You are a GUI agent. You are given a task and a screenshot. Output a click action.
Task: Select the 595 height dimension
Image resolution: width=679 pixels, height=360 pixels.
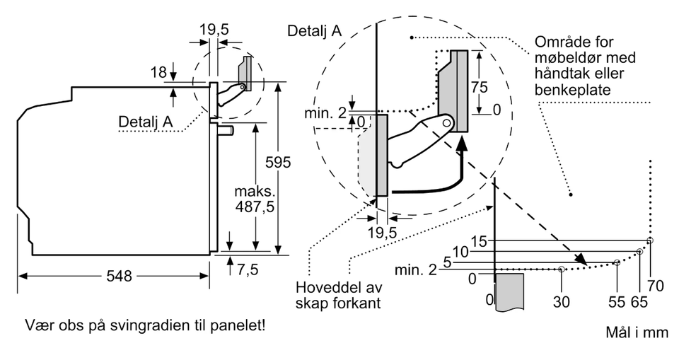(278, 163)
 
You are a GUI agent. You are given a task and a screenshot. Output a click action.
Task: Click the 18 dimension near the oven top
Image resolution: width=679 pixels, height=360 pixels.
(158, 72)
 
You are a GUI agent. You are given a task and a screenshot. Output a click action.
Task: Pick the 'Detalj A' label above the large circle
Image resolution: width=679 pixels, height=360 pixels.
(314, 30)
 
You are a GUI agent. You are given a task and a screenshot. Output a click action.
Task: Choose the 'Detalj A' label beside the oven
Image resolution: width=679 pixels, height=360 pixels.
(145, 121)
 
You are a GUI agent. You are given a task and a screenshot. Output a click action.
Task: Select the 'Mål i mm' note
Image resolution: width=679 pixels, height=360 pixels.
(637, 332)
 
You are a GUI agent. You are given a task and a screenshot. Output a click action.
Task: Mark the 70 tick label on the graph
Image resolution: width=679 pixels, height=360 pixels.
(656, 286)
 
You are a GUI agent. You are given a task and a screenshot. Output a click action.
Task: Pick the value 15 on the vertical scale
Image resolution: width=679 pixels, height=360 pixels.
(480, 241)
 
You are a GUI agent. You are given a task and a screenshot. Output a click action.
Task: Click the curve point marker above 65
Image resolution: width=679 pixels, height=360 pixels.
(640, 251)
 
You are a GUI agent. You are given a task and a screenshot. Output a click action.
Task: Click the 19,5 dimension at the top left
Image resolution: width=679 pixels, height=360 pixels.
(214, 30)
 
